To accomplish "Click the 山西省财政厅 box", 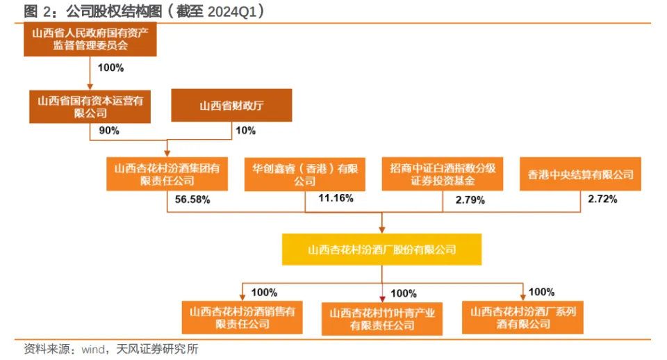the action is pyautogui.click(x=231, y=105).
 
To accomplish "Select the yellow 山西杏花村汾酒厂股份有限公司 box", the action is pyautogui.click(x=381, y=249).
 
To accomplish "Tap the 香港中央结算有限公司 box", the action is pyautogui.click(x=580, y=174).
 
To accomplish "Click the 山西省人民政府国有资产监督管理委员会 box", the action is pyautogui.click(x=90, y=40).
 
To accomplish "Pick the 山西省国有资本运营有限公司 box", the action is pyautogui.click(x=90, y=107).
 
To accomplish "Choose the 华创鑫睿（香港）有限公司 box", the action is pyautogui.click(x=304, y=174).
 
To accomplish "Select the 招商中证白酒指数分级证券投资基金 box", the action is pyautogui.click(x=443, y=174).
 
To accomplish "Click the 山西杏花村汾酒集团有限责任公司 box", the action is pyautogui.click(x=167, y=174).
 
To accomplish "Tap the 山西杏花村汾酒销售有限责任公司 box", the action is pyautogui.click(x=242, y=318).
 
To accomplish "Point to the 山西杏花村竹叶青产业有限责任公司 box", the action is pyautogui.click(x=382, y=319).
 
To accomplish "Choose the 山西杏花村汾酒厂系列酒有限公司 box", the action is pyautogui.click(x=522, y=318).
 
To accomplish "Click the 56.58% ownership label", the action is pyautogui.click(x=192, y=199).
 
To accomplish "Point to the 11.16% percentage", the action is pyautogui.click(x=336, y=198).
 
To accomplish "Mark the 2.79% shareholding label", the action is pyautogui.click(x=470, y=200).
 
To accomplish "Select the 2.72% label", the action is pyautogui.click(x=602, y=199).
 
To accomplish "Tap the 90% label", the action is pyautogui.click(x=109, y=131).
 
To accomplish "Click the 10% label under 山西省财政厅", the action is pyautogui.click(x=245, y=131).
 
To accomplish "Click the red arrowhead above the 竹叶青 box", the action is pyautogui.click(x=382, y=299).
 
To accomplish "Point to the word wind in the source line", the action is pyautogui.click(x=93, y=350).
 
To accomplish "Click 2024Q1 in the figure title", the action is pyautogui.click(x=232, y=12).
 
